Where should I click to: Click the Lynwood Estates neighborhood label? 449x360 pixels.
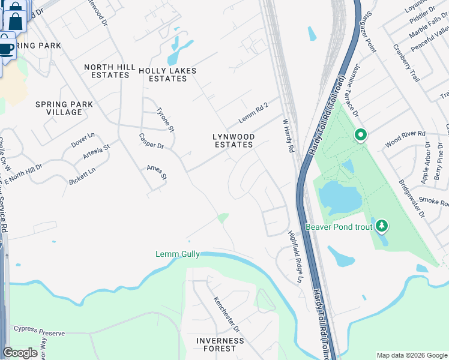(234, 141)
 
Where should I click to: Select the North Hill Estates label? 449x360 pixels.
(107, 71)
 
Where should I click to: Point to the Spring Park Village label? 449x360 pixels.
(64, 108)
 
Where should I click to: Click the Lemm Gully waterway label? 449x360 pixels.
(177, 254)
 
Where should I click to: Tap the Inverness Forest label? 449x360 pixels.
(220, 344)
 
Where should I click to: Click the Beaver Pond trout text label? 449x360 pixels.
(339, 227)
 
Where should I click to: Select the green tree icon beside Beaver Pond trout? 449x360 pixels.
(381, 226)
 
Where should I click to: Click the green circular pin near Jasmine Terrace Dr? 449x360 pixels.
(360, 135)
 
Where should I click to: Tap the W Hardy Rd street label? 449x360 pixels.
(288, 135)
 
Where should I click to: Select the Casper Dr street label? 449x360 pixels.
(151, 141)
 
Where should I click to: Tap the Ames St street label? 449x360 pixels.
(157, 172)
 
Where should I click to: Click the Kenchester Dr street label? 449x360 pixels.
(227, 314)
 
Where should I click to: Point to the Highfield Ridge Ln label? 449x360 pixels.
(295, 256)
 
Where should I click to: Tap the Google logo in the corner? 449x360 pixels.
(20, 352)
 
